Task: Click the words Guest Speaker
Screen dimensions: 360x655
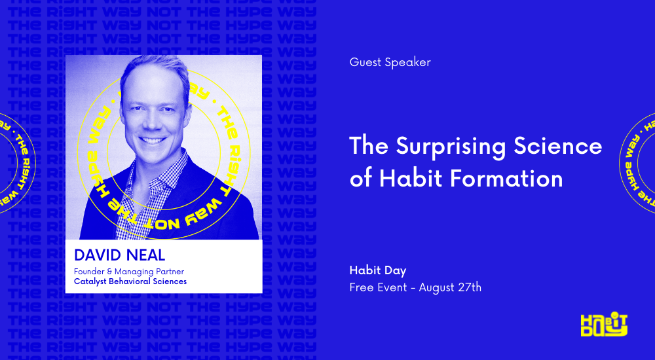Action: [x=390, y=63]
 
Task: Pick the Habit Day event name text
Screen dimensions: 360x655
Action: [x=378, y=270]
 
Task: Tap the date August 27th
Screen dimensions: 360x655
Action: [x=450, y=287]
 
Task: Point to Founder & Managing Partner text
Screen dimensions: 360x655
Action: [x=128, y=271]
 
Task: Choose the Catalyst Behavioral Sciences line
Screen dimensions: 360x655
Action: [x=130, y=281]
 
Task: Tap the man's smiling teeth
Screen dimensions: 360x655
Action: [x=152, y=140]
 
